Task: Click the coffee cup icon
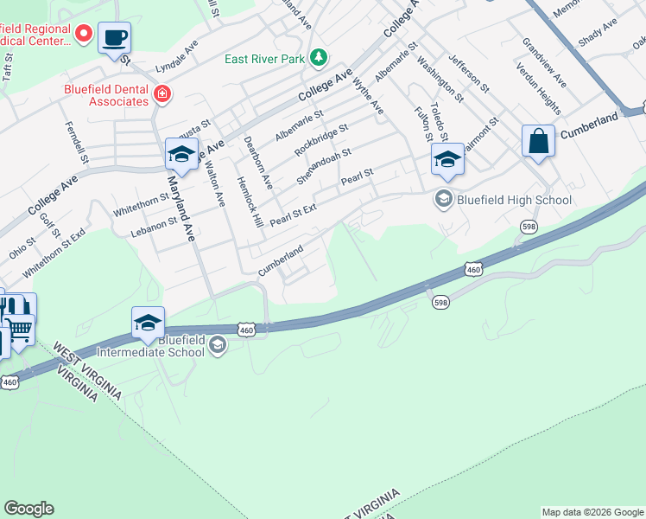[114, 38]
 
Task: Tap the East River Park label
[266, 59]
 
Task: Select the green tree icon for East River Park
[320, 58]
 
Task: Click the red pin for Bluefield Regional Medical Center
[84, 34]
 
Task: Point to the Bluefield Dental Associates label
[105, 95]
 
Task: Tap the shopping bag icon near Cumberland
[538, 142]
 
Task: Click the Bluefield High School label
[514, 200]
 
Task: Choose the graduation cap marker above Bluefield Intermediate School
[148, 323]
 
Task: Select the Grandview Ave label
[544, 62]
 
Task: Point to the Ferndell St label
[77, 142]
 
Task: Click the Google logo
[28, 509]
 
